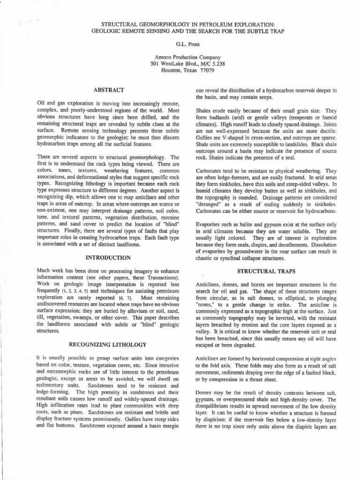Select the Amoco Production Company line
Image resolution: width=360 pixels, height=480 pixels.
(x=180, y=57)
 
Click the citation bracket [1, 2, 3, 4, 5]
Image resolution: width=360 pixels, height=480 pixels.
(x=72, y=291)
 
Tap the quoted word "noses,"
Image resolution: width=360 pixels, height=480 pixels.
(x=206, y=304)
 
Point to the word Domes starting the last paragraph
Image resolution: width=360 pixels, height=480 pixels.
(x=203, y=392)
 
